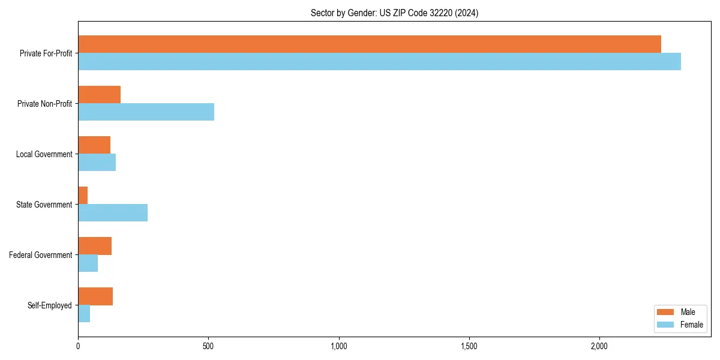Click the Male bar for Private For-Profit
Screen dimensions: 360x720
tap(369, 44)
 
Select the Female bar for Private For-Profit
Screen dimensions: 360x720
tap(379, 61)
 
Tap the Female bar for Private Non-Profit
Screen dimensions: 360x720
tap(146, 112)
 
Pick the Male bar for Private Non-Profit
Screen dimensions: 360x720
tap(99, 95)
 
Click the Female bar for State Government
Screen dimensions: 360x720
tap(113, 212)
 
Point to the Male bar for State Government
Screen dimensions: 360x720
tap(83, 196)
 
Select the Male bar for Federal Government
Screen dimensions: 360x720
tap(95, 246)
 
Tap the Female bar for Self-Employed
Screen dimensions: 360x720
tap(84, 313)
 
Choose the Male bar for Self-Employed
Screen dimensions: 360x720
tap(95, 296)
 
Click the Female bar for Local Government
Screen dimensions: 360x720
tap(97, 162)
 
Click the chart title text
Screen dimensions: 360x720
tap(394, 13)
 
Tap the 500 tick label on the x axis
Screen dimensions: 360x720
tap(208, 347)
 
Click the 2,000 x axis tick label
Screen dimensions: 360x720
tap(599, 347)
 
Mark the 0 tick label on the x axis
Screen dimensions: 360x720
tap(78, 347)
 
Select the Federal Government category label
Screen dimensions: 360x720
tap(41, 255)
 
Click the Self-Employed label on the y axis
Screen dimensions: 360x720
tap(50, 305)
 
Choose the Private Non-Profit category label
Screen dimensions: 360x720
tap(44, 104)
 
